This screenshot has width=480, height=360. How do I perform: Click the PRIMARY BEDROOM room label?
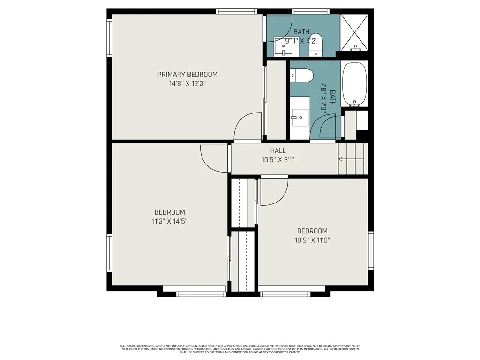point(187,74)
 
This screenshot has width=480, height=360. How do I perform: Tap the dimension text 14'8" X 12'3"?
point(187,83)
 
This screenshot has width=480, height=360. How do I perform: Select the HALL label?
point(278,150)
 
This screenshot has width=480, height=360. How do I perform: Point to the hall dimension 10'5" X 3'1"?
point(278,159)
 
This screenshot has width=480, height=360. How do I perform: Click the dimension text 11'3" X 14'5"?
point(170,221)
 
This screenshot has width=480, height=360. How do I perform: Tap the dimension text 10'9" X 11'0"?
point(312,240)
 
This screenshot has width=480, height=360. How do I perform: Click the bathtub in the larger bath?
point(355,84)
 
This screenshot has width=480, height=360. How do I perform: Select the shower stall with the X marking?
point(354,32)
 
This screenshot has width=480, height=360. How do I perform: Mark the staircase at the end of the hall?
point(352,159)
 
